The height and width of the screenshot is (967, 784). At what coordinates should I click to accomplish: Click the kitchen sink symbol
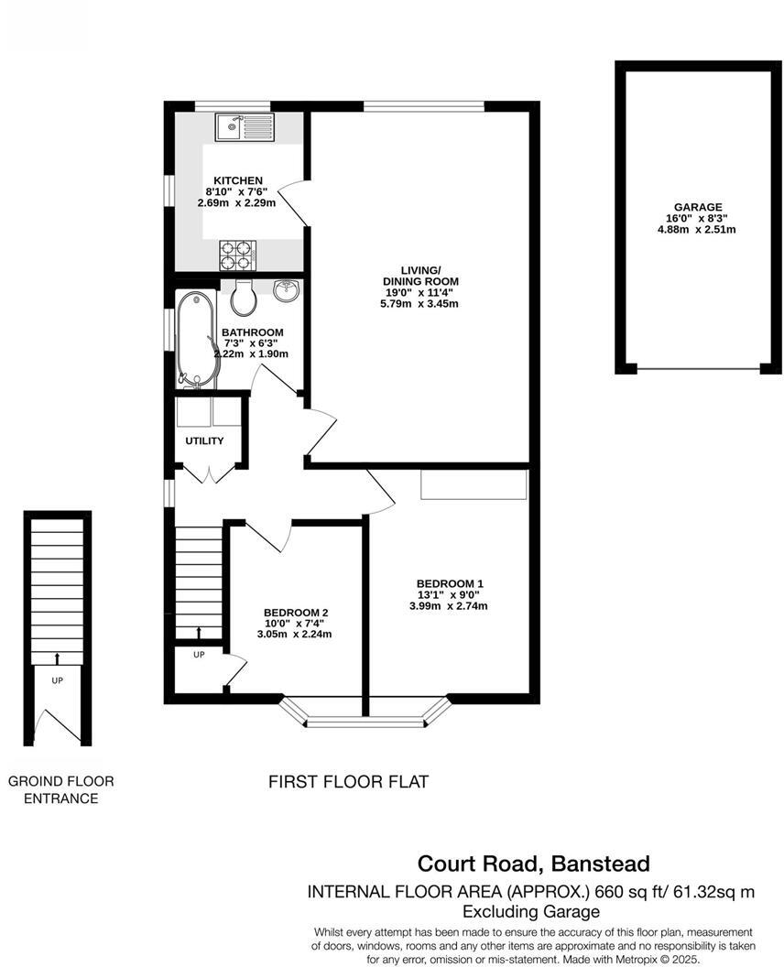[x=244, y=127]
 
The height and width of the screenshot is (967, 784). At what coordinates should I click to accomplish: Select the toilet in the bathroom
[x=243, y=296]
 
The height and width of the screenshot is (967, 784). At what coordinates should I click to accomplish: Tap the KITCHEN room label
[x=238, y=180]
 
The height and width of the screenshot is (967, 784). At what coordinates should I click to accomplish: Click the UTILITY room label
[x=204, y=441]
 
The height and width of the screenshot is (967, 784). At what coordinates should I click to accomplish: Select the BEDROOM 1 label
[x=449, y=583]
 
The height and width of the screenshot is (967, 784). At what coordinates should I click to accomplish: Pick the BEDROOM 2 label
[x=295, y=613]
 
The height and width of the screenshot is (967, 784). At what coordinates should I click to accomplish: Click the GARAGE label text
[x=696, y=207]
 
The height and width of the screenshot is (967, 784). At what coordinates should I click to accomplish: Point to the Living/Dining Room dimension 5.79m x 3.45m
[x=420, y=304]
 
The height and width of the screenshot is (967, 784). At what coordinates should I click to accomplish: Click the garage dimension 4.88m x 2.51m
[x=696, y=230]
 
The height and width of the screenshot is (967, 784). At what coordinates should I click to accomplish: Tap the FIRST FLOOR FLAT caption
[x=348, y=782]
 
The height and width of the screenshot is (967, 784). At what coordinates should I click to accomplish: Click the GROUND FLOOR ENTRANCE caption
[x=60, y=789]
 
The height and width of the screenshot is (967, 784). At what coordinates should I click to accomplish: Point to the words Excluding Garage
[x=530, y=911]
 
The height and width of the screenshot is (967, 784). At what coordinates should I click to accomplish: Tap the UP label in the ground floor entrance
[x=57, y=680]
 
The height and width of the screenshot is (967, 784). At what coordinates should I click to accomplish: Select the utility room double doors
[x=211, y=473]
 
